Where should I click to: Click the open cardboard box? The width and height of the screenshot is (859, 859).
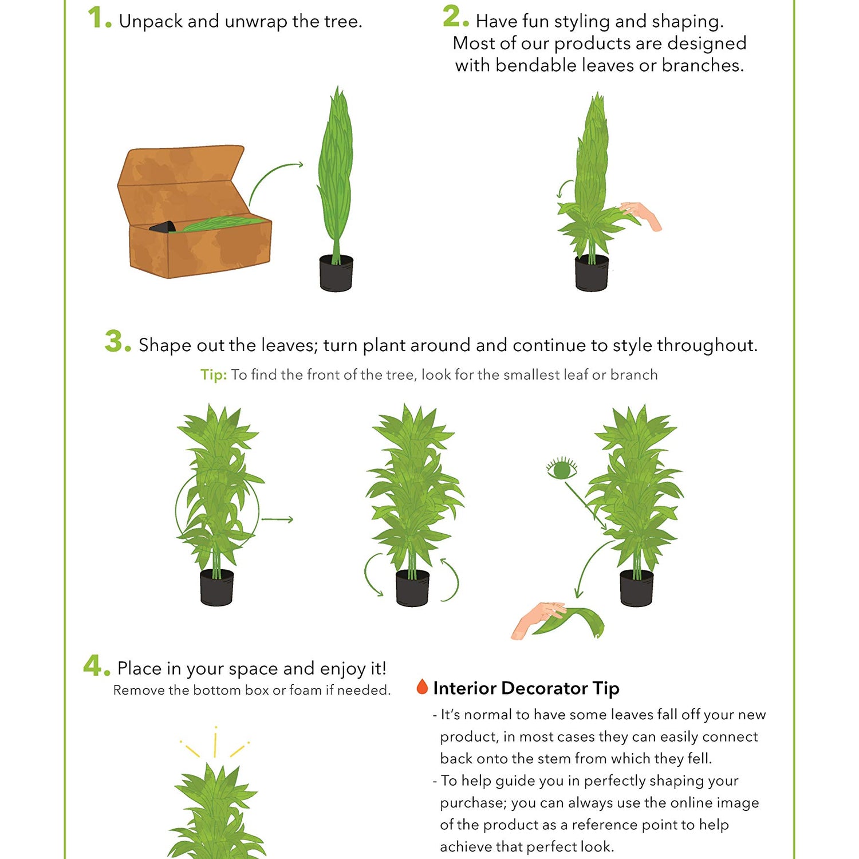(195, 211)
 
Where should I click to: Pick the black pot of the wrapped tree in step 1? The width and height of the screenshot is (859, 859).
(336, 273)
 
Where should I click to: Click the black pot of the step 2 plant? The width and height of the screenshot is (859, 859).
(592, 273)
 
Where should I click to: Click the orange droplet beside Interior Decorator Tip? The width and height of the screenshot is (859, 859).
(422, 686)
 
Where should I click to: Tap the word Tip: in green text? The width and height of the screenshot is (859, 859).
(214, 375)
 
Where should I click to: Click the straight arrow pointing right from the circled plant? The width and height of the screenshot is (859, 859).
(277, 519)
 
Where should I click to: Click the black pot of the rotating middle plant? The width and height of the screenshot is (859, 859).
(412, 588)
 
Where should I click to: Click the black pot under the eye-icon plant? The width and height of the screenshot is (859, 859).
(637, 588)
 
